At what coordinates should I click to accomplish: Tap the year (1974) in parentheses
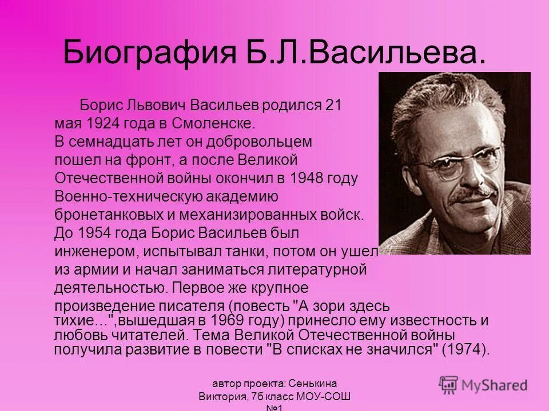pos(466,349)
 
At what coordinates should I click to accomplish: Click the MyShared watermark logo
pos(483,385)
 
